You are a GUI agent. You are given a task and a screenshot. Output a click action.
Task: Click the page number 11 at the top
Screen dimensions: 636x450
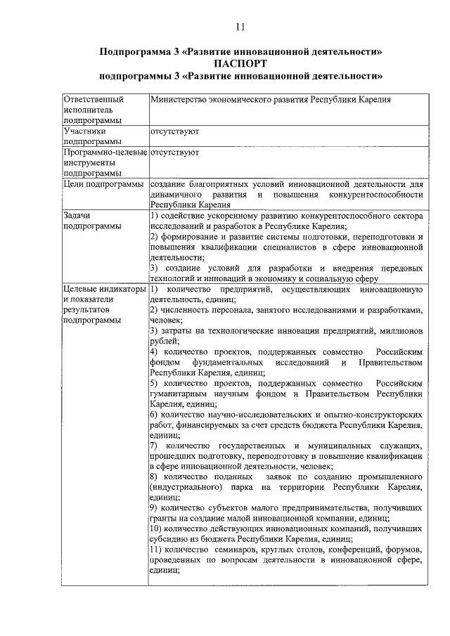[x=240, y=27]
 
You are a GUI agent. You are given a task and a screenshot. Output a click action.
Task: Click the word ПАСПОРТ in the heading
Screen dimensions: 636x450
[x=240, y=63]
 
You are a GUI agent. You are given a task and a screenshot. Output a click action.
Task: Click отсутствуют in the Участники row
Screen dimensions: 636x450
[x=174, y=131]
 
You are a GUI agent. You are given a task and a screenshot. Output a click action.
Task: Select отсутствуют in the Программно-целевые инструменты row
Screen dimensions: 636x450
[x=174, y=152]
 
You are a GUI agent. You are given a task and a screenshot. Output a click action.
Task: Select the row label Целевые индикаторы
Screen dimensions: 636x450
[x=103, y=289]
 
